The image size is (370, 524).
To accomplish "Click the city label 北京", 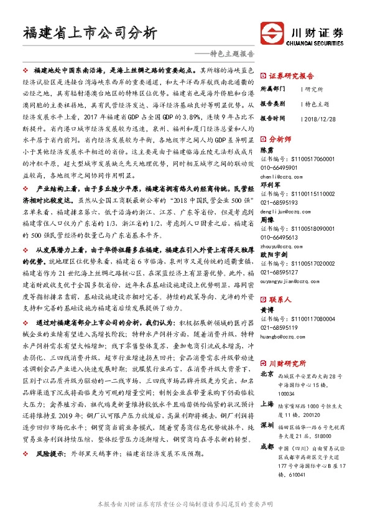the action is [x=266, y=375].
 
